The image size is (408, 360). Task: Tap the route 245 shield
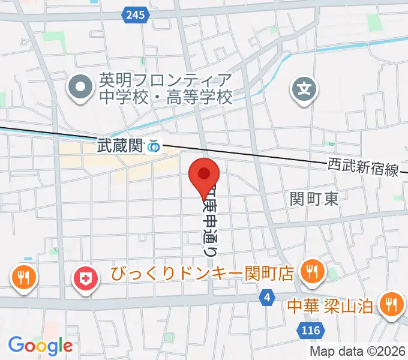(136, 14)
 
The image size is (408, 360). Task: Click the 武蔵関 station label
(121, 145)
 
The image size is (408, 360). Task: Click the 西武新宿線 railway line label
(363, 167)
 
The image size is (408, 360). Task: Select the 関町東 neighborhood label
(314, 199)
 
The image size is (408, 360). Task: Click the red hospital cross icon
(86, 278)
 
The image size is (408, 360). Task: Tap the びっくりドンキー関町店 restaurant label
(202, 274)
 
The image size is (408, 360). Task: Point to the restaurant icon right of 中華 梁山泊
(392, 304)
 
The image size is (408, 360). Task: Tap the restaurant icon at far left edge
(23, 277)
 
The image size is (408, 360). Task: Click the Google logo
(40, 346)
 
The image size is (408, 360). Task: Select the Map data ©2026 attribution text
(358, 352)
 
